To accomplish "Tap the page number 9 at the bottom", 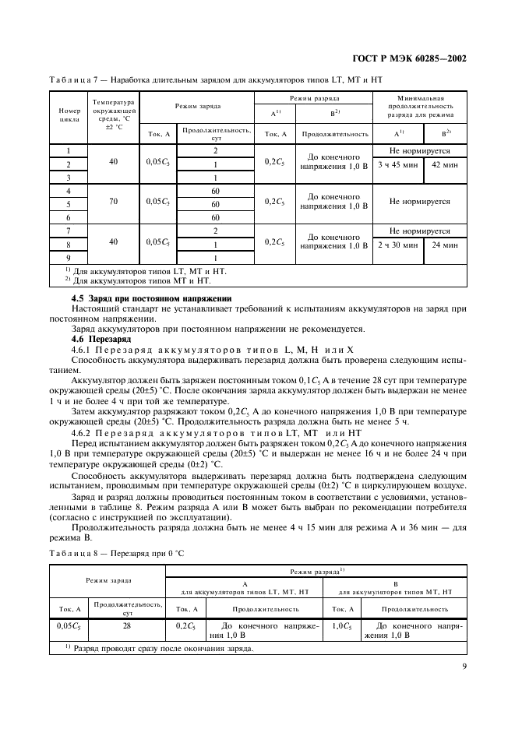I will coord(464,666).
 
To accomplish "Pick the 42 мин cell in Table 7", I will coord(446,164).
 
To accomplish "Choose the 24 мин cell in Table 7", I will coord(446,245).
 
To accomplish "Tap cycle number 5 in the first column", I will coord(69,204).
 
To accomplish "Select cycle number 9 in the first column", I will coord(69,258).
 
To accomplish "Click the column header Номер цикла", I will coord(69,116).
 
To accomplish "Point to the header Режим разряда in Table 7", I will coord(313,99).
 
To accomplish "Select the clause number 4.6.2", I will coord(82,431).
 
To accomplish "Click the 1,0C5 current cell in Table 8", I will coord(340,625).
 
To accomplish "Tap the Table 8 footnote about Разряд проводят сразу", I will coord(159,648).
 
